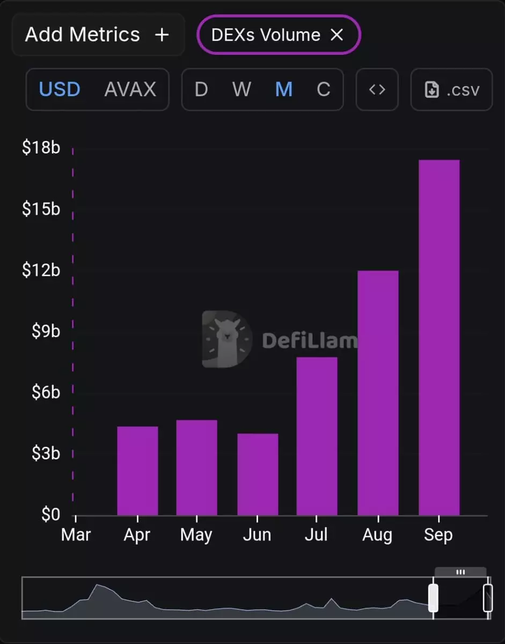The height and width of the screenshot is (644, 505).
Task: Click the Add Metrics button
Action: [x=97, y=35]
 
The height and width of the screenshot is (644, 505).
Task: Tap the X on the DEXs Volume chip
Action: [x=336, y=35]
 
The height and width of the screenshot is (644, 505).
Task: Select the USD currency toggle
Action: [x=60, y=89]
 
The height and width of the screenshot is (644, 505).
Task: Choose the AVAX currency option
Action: [x=130, y=89]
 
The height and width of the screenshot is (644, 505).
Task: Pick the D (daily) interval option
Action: [x=201, y=89]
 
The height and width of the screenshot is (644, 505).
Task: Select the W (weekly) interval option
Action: [x=241, y=89]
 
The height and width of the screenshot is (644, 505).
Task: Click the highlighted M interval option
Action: [x=284, y=89]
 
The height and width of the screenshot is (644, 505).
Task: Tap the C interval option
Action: [x=323, y=89]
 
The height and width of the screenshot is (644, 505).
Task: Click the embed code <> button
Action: [x=377, y=89]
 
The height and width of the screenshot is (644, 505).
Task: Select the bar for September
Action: [x=439, y=338]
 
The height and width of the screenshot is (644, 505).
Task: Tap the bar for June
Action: [x=258, y=474]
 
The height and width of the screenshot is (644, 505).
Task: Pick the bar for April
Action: [x=137, y=471]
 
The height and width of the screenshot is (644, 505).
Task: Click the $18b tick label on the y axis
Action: [x=41, y=148]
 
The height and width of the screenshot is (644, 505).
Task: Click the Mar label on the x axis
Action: [x=76, y=535]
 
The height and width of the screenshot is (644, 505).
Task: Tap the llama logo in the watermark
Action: [x=227, y=339]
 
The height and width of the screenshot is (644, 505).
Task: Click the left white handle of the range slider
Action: [x=433, y=598]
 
